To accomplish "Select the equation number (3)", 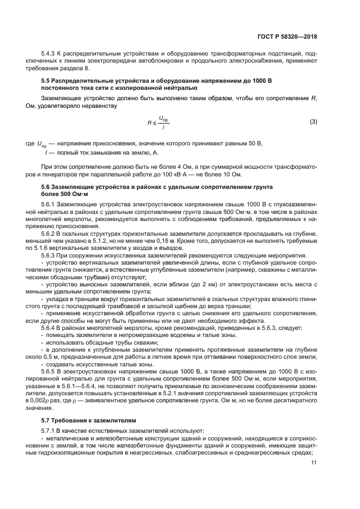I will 313,121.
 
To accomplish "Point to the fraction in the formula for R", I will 163,122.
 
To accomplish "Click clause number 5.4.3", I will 50,55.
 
